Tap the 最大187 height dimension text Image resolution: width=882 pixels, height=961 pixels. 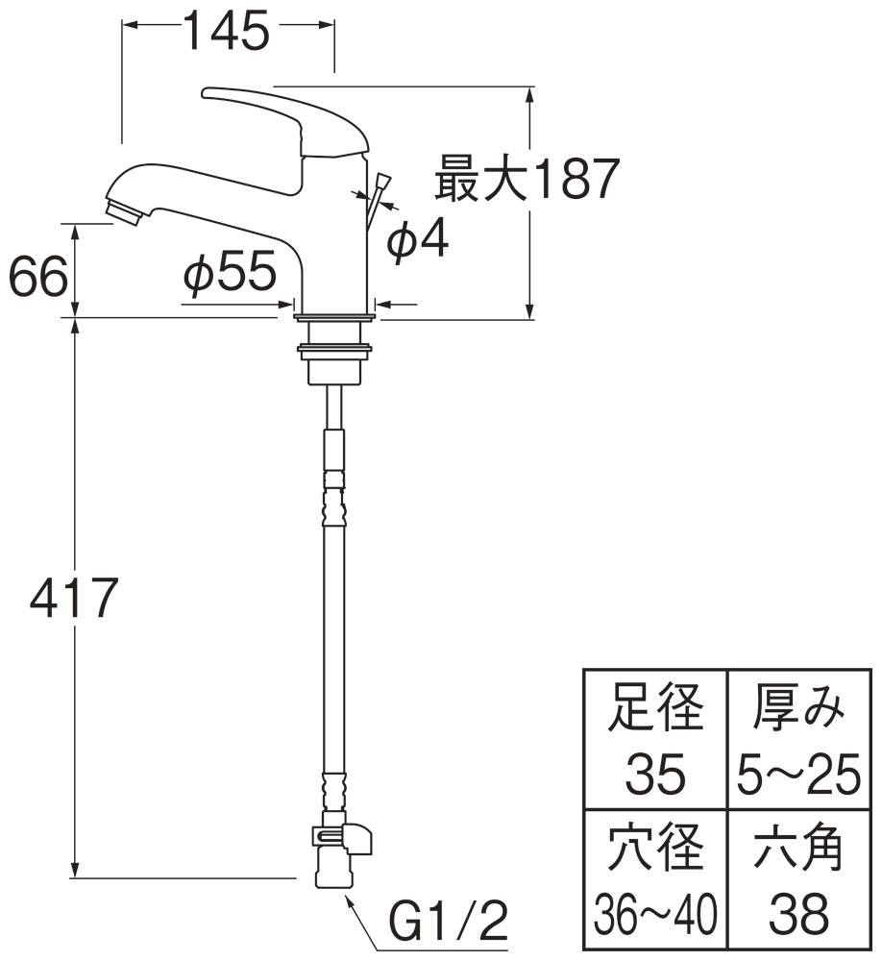[x=525, y=179]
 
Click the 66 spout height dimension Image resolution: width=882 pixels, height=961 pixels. [x=38, y=279]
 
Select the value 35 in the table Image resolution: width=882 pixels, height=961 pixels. [x=655, y=774]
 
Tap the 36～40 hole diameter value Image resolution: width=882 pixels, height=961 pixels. [x=655, y=913]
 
